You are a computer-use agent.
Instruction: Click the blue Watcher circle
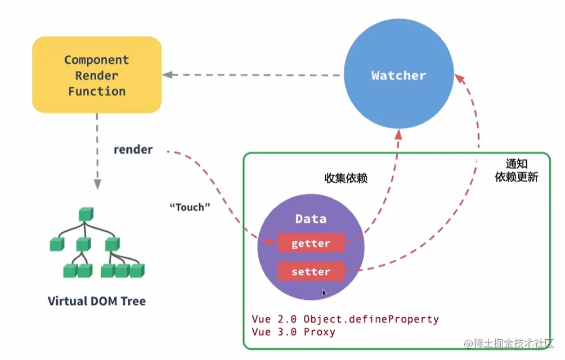(398, 74)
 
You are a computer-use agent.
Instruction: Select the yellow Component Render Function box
(97, 74)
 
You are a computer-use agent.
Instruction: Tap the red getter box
(311, 243)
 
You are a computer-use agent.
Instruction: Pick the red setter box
(311, 271)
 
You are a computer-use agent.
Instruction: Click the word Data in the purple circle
(311, 218)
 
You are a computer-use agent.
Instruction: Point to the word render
(133, 149)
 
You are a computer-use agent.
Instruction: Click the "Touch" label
(190, 207)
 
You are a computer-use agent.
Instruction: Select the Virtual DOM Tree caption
(97, 300)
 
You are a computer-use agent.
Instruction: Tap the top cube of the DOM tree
(86, 214)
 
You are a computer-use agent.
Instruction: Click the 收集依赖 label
(346, 178)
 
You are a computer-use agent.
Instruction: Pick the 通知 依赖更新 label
(517, 170)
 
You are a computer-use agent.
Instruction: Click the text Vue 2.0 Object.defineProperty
(345, 319)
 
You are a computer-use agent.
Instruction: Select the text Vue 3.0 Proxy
(293, 331)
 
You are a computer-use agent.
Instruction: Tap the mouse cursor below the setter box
(324, 293)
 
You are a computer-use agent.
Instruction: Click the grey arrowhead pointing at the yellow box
(167, 74)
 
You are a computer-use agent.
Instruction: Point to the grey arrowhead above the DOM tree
(97, 184)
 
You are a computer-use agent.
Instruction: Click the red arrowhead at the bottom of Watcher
(398, 134)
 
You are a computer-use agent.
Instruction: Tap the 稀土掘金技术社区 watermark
(508, 343)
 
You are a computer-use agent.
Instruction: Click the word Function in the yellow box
(97, 91)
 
